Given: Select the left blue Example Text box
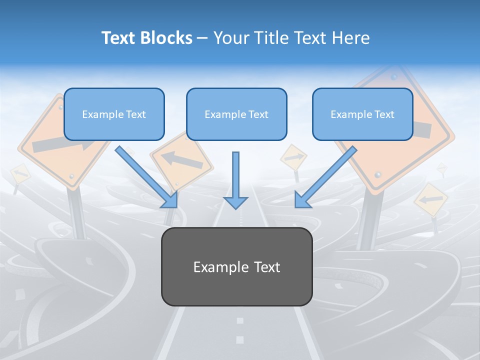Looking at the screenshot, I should [x=114, y=114].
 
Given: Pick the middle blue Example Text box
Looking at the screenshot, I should [x=236, y=114].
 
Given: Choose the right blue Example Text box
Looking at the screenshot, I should [x=362, y=114].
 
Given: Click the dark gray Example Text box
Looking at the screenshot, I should [x=236, y=267].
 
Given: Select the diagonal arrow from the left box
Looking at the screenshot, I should [x=146, y=176].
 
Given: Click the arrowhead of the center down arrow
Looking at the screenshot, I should [x=235, y=201].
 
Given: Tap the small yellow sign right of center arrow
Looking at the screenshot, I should [x=293, y=158].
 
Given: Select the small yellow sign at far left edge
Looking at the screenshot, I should [x=20, y=173].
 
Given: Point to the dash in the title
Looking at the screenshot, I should [x=202, y=38].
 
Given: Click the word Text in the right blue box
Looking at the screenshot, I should [x=384, y=114].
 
